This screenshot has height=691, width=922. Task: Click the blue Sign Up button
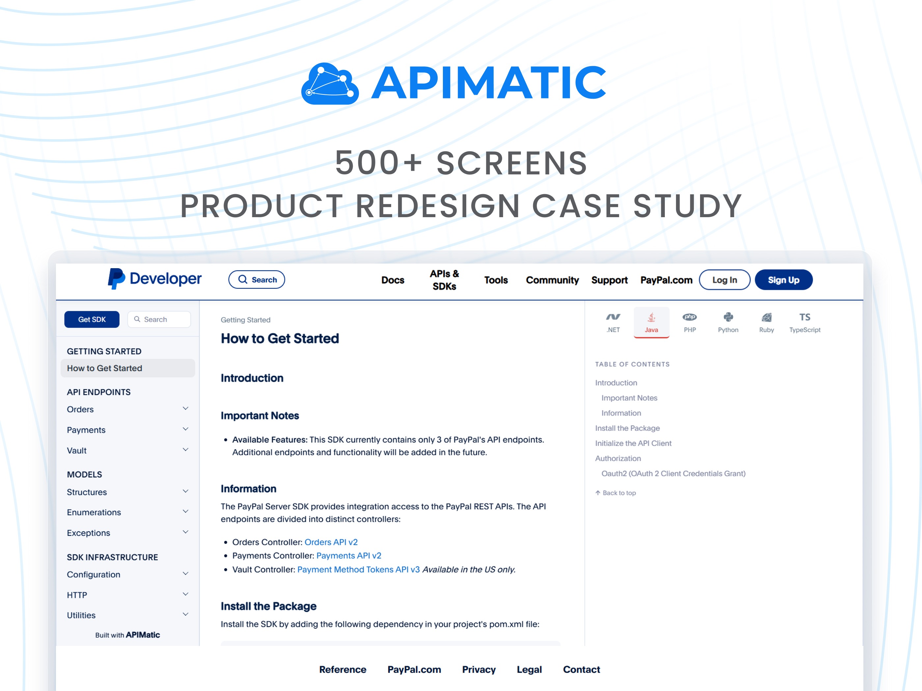coord(783,280)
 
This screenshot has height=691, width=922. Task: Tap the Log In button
coord(724,280)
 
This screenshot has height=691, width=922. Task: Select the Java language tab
coord(651,322)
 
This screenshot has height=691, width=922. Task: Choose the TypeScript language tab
coord(804,322)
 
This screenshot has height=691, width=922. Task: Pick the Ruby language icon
coord(766,318)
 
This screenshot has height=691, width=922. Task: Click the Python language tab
coord(728,322)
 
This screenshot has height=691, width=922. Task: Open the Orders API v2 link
coord(331,542)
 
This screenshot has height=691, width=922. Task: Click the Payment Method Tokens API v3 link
coord(359,569)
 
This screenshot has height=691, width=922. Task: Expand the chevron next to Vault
coord(185,450)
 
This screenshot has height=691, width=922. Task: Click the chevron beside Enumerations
coord(185,511)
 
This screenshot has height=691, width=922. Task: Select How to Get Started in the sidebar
coord(105,368)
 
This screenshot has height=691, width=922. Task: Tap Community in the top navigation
coord(552,280)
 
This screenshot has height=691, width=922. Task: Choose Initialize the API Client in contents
coord(633,443)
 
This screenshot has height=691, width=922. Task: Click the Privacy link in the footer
coord(478,669)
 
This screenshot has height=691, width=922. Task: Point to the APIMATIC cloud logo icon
coord(330,83)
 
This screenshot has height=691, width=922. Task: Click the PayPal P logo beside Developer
coord(116,279)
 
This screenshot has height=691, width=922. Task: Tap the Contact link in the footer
coord(581,669)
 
